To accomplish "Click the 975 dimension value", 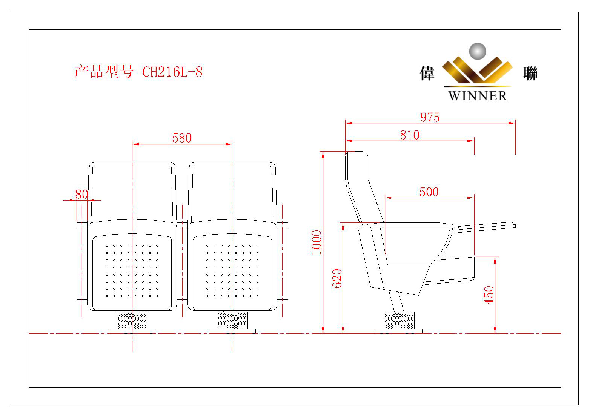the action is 430,117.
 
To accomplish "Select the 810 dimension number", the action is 410,135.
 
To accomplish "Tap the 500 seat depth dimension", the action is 429,192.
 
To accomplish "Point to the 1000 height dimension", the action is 317,242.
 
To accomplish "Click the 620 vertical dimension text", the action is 337,279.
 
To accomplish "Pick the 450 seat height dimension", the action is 489,295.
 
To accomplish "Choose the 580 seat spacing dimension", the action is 182,138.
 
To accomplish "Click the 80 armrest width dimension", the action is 81,194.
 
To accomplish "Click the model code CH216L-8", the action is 172,72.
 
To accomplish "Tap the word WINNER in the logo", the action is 478,96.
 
